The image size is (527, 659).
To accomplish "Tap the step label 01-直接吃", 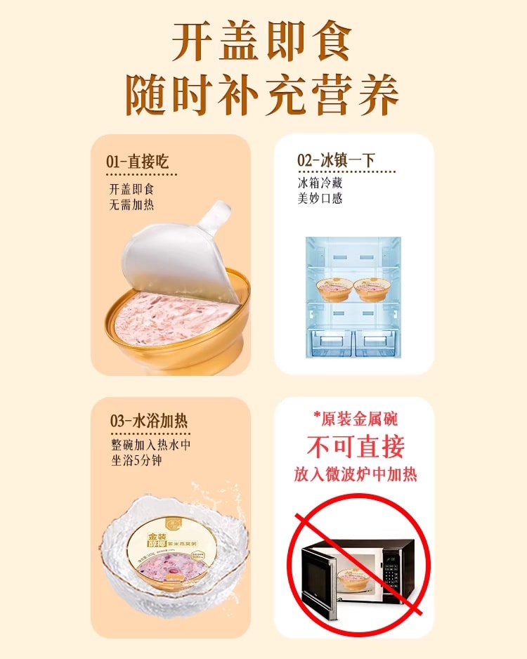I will tap(138, 162).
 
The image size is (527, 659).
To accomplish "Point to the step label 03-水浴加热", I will tap(148, 422).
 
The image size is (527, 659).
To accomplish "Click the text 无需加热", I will tap(131, 205).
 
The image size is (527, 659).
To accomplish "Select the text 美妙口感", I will tap(320, 199).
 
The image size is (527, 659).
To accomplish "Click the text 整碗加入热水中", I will tap(150, 445).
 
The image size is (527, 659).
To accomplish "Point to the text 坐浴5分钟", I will tap(136, 462).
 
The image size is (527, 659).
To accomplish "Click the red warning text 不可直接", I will tap(355, 447).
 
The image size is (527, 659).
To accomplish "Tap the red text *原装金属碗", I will tap(355, 419).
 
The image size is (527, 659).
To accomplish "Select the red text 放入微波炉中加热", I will tap(355, 475).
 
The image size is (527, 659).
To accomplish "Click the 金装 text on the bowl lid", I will tap(155, 540).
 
